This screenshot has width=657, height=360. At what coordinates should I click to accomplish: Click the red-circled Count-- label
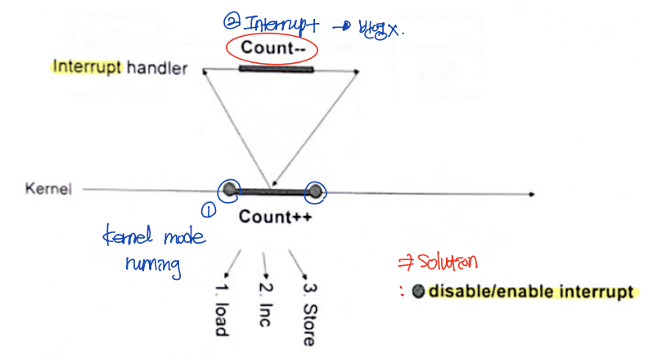click(x=273, y=47)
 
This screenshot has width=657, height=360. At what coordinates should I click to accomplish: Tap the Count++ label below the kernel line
click(x=272, y=218)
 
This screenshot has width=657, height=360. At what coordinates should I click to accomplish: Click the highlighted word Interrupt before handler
click(x=87, y=69)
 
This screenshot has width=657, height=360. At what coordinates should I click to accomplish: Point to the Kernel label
click(x=49, y=189)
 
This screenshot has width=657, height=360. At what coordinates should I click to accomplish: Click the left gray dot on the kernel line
click(x=231, y=191)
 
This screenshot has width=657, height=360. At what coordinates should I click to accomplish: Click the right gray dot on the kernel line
click(x=314, y=191)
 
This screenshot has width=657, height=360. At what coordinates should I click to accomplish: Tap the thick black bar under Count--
click(x=276, y=70)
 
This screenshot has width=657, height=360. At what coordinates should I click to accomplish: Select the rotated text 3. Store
click(x=308, y=313)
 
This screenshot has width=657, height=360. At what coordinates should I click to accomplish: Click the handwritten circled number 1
click(x=208, y=211)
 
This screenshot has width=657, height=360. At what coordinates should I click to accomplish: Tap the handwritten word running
click(x=153, y=267)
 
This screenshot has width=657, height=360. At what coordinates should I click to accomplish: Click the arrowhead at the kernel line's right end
click(x=532, y=194)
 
